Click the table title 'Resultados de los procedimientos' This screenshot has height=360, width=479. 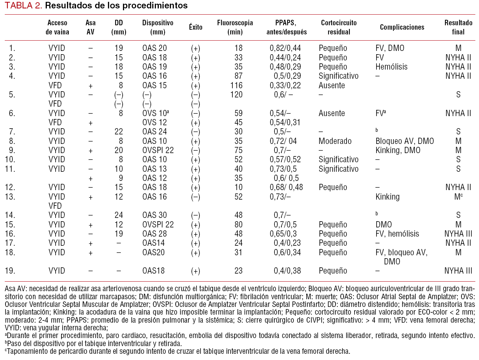pyautogui.click(x=116, y=5)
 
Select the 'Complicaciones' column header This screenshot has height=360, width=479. pyautogui.click(x=402, y=27)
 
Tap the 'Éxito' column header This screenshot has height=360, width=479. pyautogui.click(x=196, y=27)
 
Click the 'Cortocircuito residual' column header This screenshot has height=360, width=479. pyautogui.click(x=339, y=27)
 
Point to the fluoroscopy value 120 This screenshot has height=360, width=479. pyautogui.click(x=236, y=94)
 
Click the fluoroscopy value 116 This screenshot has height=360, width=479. pyautogui.click(x=236, y=85)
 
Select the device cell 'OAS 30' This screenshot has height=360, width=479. pyautogui.click(x=154, y=215)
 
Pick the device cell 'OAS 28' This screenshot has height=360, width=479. pyautogui.click(x=154, y=234)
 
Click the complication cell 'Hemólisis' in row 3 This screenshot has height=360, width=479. pyautogui.click(x=391, y=67)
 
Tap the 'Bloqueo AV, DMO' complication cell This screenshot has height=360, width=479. pyautogui.click(x=404, y=141)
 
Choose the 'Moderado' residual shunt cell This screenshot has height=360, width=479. pyautogui.click(x=335, y=141)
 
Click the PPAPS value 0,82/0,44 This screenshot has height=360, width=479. pyautogui.click(x=285, y=48)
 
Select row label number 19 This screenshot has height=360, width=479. pyautogui.click(x=10, y=271)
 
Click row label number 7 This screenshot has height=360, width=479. pyautogui.click(x=12, y=131)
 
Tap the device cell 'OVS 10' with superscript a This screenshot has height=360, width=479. pyautogui.click(x=156, y=113)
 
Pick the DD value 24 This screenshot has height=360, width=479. pyautogui.click(x=119, y=215)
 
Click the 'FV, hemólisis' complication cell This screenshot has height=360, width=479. pyautogui.click(x=397, y=234)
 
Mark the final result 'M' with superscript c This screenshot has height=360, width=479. pyautogui.click(x=458, y=197)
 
